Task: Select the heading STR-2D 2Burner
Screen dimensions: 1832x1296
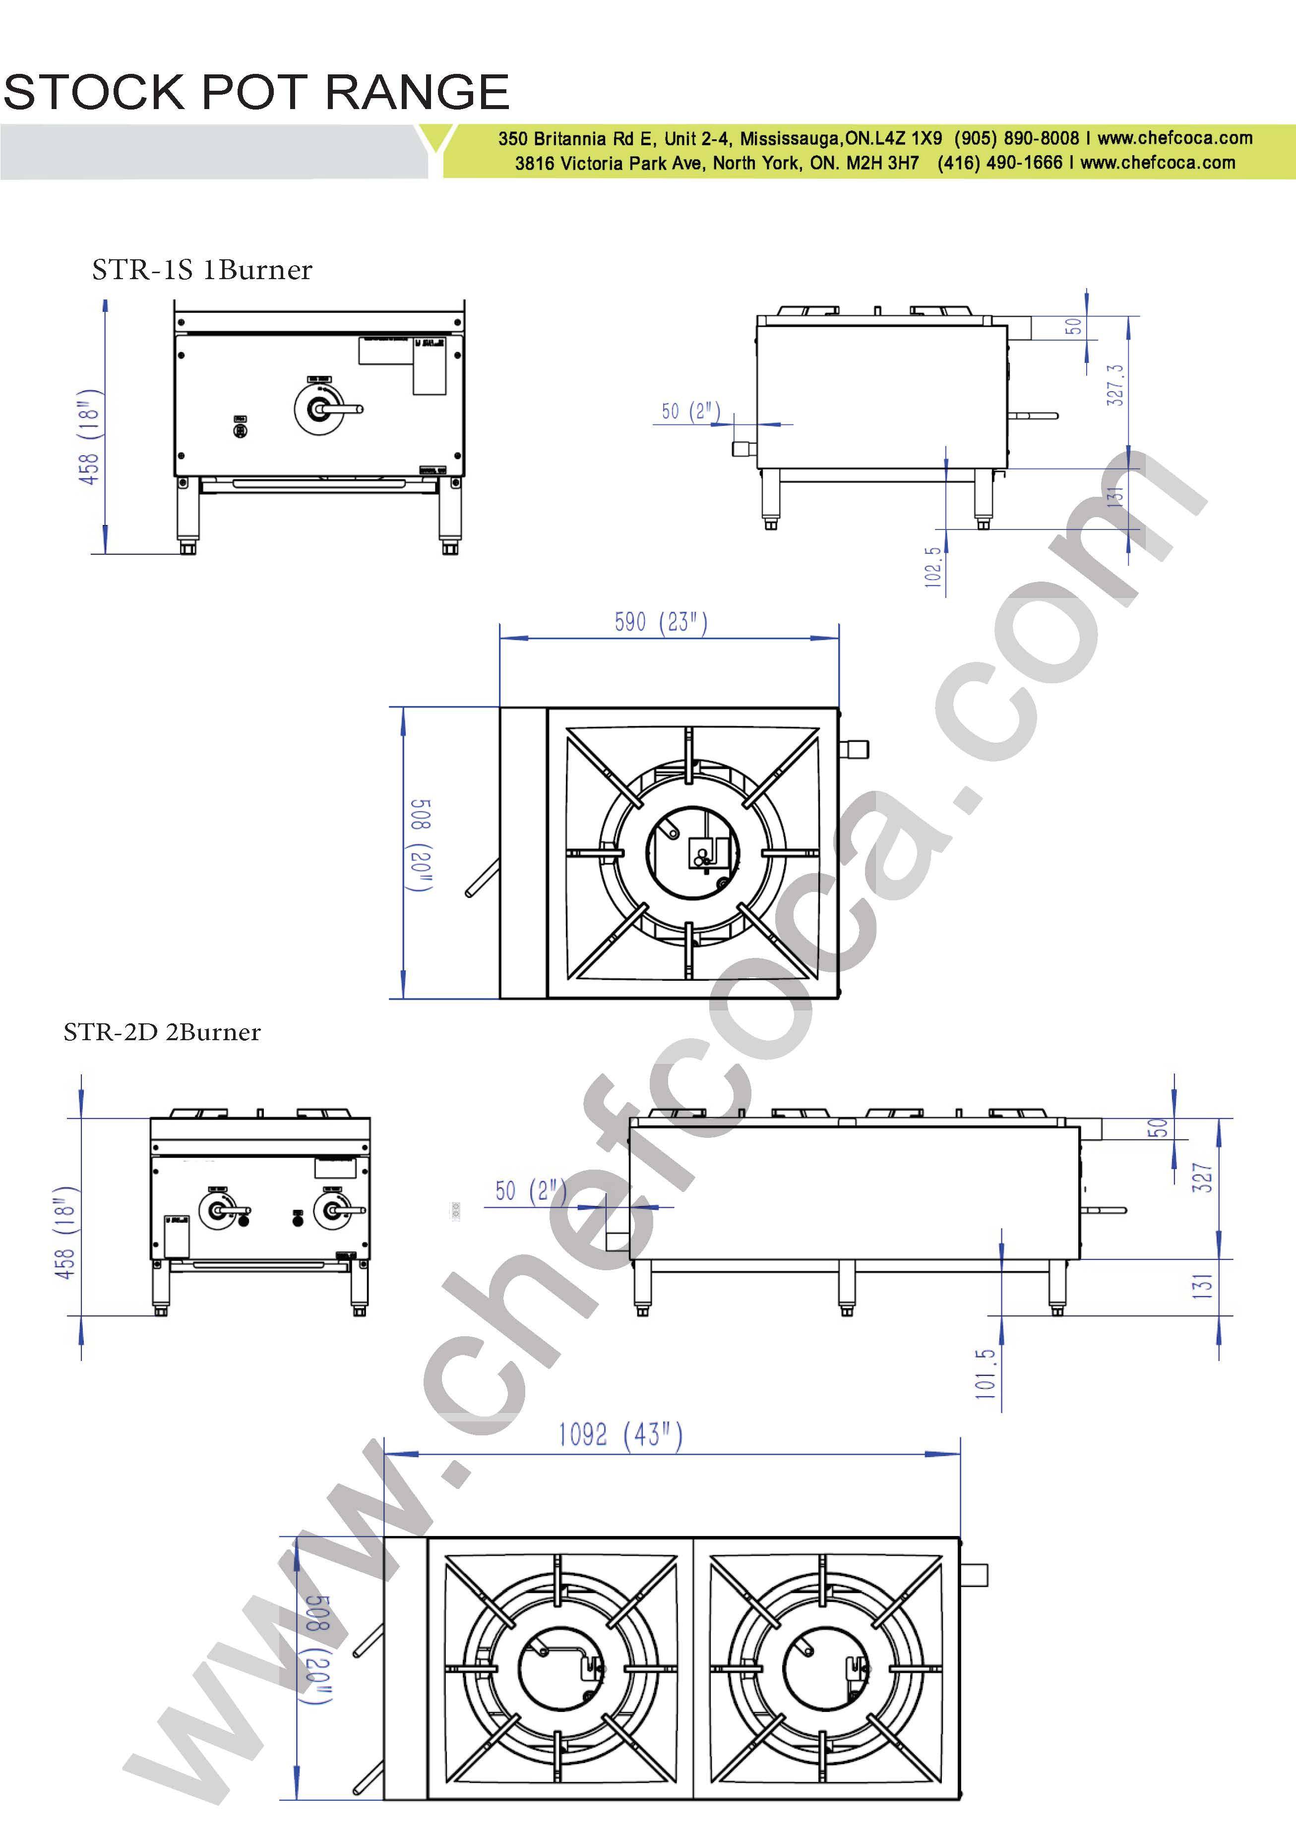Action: pyautogui.click(x=162, y=1032)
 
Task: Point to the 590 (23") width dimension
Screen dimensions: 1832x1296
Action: pyautogui.click(x=661, y=622)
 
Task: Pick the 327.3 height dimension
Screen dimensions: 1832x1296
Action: pyautogui.click(x=1115, y=385)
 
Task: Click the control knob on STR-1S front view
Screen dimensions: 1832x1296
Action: pyautogui.click(x=320, y=410)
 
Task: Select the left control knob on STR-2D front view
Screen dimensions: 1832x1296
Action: pyautogui.click(x=218, y=1210)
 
